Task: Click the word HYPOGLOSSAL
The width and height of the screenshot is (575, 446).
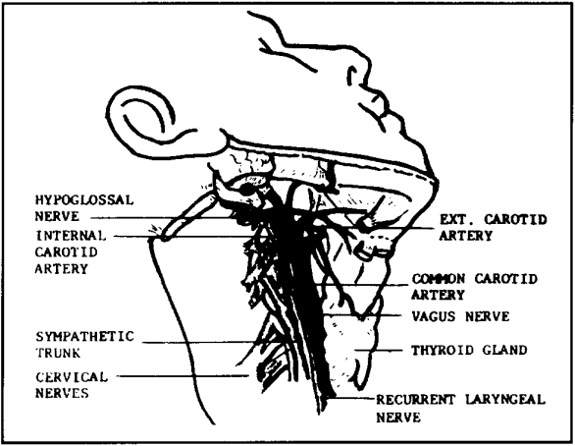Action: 84,200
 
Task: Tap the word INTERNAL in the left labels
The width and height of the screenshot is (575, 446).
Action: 71,236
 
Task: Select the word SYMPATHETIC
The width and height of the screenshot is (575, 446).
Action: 85,337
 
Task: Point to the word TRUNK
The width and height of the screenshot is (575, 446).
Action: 58,353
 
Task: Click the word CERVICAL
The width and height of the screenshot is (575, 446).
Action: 72,377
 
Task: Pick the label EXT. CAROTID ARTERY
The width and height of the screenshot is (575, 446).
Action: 493,228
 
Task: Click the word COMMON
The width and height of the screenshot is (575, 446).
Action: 439,279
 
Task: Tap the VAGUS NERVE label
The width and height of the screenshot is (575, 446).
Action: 460,316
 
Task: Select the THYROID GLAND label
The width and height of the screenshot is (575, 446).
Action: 469,350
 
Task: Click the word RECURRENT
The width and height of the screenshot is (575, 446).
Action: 416,400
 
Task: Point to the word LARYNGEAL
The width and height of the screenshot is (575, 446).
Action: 505,399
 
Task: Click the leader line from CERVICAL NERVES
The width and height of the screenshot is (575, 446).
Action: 184,376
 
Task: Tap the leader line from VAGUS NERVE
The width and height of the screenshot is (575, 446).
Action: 366,315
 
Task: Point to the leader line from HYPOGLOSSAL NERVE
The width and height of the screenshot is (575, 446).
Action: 161,218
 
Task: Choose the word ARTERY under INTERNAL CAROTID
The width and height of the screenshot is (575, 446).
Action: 62,269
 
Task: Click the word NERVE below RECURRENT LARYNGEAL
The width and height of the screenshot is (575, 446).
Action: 398,418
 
